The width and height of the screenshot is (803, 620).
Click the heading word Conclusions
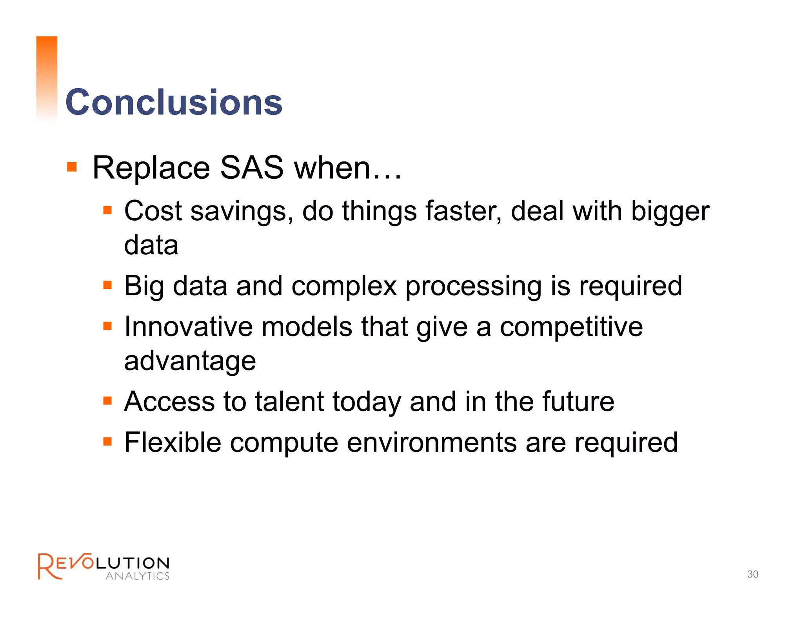coord(174,102)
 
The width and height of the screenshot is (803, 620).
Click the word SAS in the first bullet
coord(252,168)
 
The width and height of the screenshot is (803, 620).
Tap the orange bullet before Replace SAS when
coord(72,167)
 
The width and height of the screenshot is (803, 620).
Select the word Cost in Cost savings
coord(153,211)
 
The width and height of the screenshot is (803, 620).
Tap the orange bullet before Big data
coord(107,285)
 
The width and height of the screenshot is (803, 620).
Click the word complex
coord(344,286)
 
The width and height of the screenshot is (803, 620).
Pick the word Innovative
coord(188,326)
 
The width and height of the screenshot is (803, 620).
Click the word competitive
coord(571,327)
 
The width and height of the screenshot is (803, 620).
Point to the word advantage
coord(190,361)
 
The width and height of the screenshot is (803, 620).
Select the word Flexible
coord(173,442)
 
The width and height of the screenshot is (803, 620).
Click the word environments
coord(432,442)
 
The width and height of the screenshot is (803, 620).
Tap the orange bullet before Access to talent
coord(107,401)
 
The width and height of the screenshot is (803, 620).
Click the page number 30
coord(752,574)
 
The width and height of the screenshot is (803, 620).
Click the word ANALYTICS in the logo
coord(138,576)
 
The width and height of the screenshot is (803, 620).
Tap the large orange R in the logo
coord(48,566)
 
